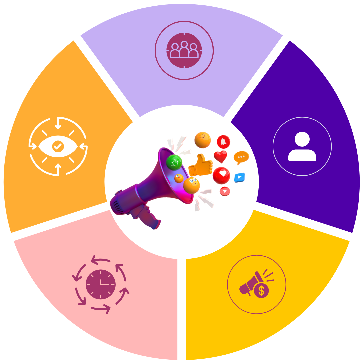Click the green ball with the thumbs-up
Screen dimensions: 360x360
click(x=174, y=162)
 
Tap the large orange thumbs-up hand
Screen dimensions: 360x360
click(x=201, y=166)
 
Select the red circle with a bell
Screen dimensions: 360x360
click(x=223, y=142)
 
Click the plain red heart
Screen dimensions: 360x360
click(x=220, y=156)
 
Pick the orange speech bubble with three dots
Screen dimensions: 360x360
click(x=241, y=157)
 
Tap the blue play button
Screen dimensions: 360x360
click(x=239, y=177)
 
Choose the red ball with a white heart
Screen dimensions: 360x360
click(x=222, y=175)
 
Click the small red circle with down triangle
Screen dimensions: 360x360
click(x=225, y=191)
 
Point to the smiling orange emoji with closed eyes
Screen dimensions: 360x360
click(x=203, y=140)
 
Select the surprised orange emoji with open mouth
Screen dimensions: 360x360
click(x=192, y=185)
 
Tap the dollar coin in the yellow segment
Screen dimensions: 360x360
click(x=261, y=291)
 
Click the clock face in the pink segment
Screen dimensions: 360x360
click(x=101, y=284)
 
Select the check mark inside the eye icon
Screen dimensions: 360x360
click(x=58, y=146)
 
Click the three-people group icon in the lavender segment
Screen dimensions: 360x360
click(x=184, y=50)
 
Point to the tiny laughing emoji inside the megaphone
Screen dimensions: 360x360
click(x=179, y=178)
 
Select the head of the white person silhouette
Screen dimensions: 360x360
click(x=302, y=139)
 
